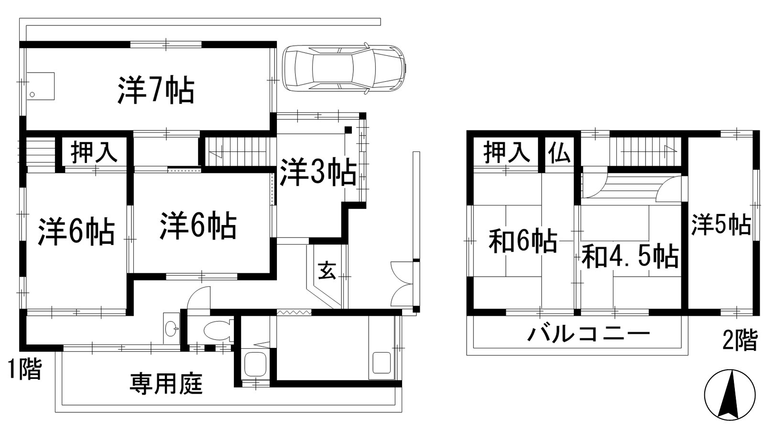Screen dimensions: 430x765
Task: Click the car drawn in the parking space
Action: pos(343,68)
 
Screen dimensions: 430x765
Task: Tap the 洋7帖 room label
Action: pos(156,91)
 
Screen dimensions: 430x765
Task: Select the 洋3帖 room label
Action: pos(317,173)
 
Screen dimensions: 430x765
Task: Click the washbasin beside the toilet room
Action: pos(171,328)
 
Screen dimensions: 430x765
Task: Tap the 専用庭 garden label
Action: pos(166,384)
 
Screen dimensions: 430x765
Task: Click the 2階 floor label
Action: pos(739,340)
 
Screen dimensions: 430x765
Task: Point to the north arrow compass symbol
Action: pos(730,395)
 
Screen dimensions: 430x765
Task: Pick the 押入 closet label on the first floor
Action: pos(94,153)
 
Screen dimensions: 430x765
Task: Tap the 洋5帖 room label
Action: pos(721,225)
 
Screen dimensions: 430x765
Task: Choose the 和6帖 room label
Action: pos(523,241)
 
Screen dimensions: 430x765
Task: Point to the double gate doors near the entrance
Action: pos(402,284)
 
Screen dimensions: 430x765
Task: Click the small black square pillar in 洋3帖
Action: pos(348,129)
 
